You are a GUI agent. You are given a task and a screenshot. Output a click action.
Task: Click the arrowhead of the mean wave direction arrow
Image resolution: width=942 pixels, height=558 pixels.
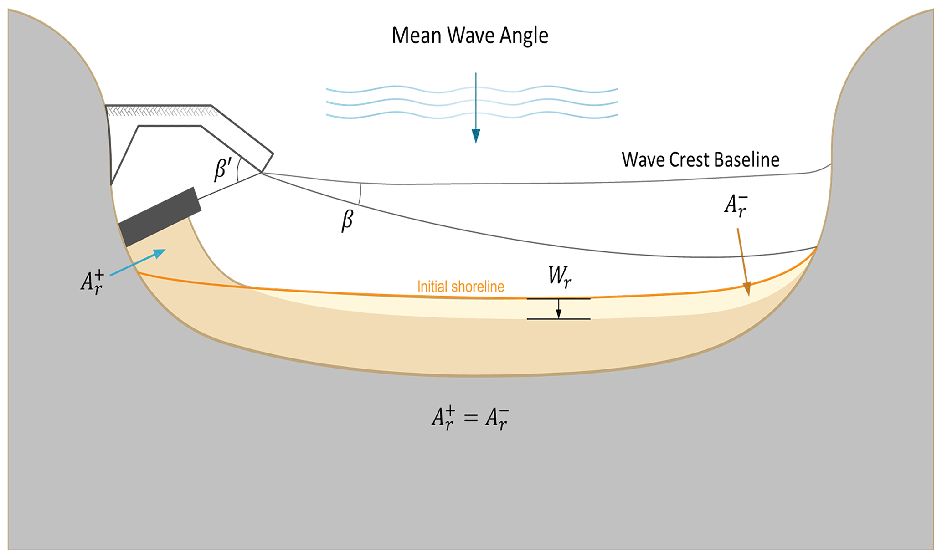(476, 136)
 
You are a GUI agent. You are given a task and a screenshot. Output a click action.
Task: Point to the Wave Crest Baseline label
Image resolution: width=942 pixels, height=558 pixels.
(700, 160)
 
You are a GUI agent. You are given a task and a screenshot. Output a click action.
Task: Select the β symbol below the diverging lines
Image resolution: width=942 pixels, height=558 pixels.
(347, 220)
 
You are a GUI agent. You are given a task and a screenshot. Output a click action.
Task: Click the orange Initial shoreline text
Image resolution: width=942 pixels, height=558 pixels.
(461, 287)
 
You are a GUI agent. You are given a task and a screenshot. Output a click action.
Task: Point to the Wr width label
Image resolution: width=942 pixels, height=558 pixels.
(559, 276)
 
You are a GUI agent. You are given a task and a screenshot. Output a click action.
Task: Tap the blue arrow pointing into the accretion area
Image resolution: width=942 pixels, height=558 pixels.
(139, 262)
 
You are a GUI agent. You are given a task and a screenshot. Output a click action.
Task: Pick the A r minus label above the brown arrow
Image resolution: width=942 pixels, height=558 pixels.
(736, 205)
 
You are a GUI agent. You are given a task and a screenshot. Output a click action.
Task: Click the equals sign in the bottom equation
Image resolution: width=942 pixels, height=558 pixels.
(471, 417)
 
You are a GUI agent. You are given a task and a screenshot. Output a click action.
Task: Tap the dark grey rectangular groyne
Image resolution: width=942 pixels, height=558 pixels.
(160, 217)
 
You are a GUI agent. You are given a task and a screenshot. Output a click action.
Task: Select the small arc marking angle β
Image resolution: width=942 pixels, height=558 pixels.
(360, 194)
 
